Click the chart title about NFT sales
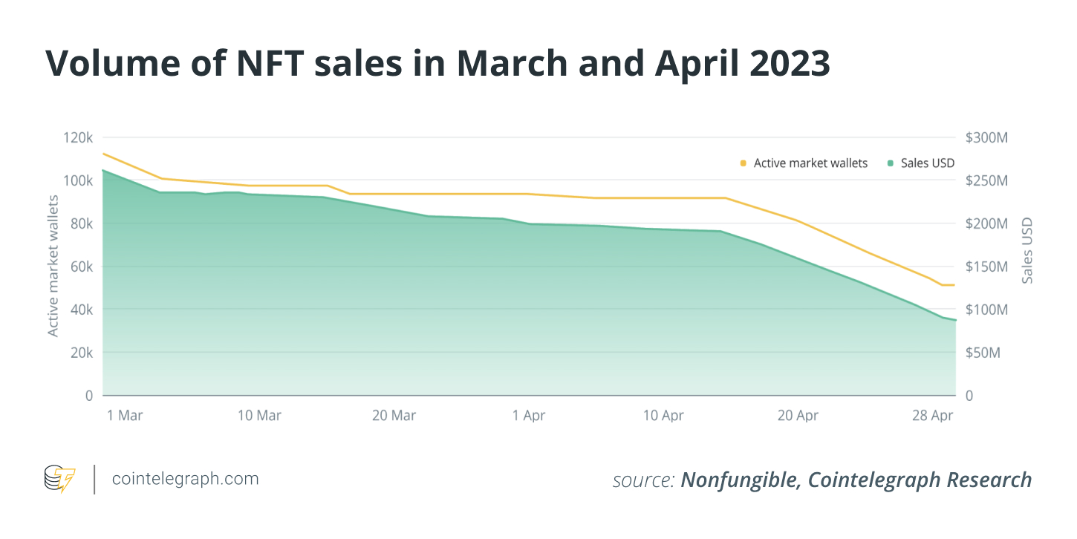tap(437, 65)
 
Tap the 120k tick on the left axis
tap(77, 138)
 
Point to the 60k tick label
tap(79, 267)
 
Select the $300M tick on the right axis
tap(986, 138)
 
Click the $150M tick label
tap(986, 267)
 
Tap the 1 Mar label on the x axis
tap(125, 416)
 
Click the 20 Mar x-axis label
tap(394, 416)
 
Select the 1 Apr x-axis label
tap(529, 416)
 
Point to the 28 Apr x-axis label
tap(931, 416)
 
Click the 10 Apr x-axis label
tap(663, 416)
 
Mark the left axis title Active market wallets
tap(53, 266)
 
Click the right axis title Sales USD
tap(1028, 251)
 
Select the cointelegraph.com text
tap(185, 479)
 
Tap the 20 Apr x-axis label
tap(798, 416)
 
